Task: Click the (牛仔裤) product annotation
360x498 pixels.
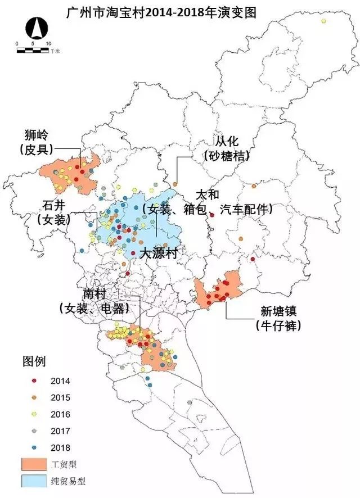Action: (277, 325)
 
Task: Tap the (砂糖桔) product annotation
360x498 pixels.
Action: (224, 156)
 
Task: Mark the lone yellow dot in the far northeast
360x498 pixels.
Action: (323, 21)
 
